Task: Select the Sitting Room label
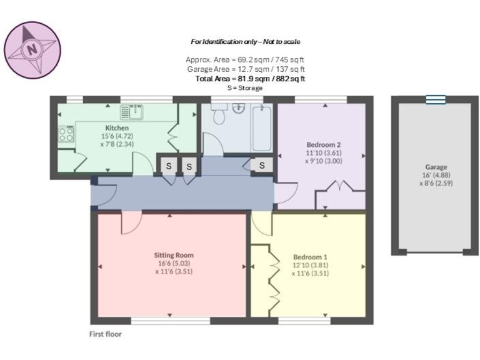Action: [x=174, y=255]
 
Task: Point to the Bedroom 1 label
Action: [x=311, y=257]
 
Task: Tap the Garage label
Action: [x=436, y=167]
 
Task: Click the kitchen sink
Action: [x=132, y=112]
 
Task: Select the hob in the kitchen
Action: [x=66, y=134]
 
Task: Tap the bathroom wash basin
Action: [x=239, y=109]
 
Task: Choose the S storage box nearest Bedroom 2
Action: [x=262, y=166]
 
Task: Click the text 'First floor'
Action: [x=105, y=334]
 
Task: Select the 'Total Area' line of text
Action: [x=250, y=79]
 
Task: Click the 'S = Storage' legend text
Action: [x=245, y=88]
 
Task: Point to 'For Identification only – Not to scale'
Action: [x=246, y=41]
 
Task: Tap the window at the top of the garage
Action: [x=436, y=99]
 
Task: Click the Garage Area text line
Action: [x=246, y=69]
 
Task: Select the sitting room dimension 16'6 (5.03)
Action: [x=174, y=264]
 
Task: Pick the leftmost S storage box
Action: [x=167, y=166]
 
